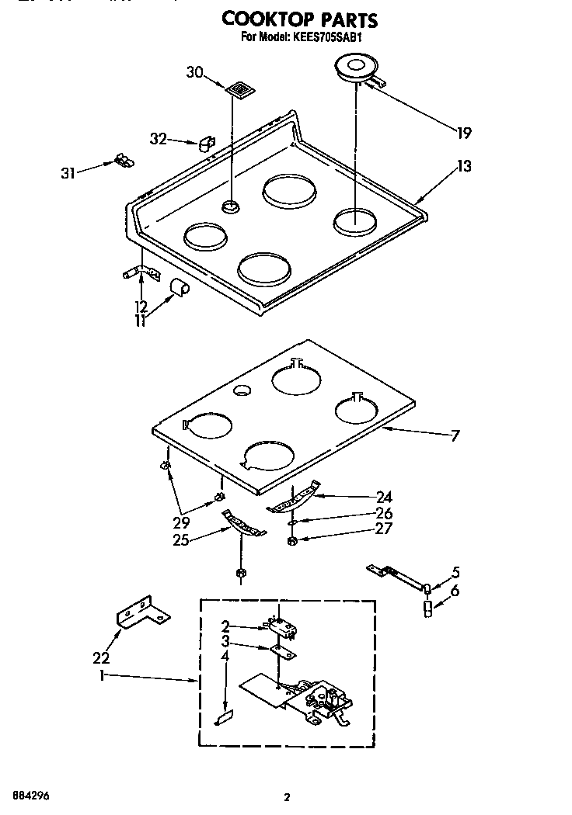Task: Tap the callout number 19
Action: click(x=463, y=134)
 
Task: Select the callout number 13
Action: click(x=464, y=165)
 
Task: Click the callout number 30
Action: click(x=195, y=73)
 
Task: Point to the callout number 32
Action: click(x=159, y=139)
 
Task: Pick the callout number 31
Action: click(x=68, y=173)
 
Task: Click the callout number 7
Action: click(x=455, y=436)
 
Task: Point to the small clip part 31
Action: click(x=123, y=160)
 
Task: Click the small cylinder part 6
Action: click(x=427, y=609)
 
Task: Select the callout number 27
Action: click(x=383, y=529)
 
